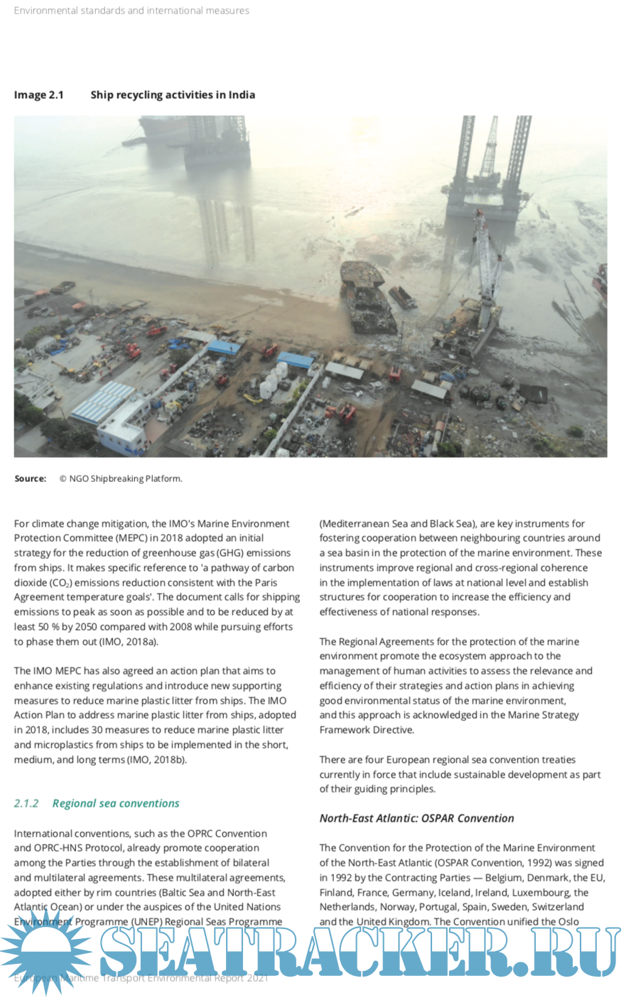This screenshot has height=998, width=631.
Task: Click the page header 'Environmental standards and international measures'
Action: coord(131,11)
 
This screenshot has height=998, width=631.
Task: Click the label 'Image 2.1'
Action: coord(38,95)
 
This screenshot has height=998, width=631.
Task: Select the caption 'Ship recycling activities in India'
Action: coord(173,95)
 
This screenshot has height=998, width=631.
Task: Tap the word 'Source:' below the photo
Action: coord(30,478)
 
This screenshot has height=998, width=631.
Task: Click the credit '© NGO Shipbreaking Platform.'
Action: coord(121,478)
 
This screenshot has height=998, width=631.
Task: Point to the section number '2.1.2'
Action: coord(26,803)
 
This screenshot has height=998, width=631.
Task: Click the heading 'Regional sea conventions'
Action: coord(116,803)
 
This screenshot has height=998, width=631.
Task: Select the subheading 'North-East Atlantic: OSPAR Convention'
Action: coord(416,818)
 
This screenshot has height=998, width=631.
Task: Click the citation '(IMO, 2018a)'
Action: coord(131,641)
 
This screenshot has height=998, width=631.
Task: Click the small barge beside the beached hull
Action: coord(402,296)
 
